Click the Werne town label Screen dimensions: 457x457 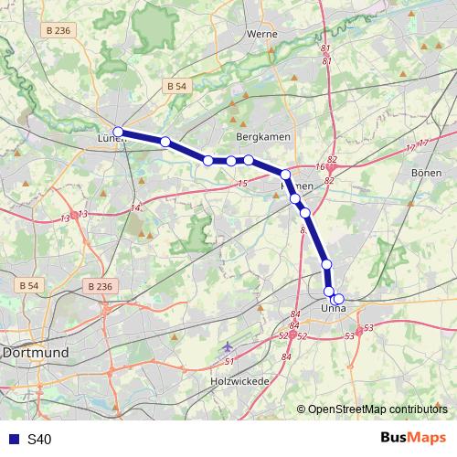point(262,34)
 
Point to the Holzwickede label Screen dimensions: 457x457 point(239,380)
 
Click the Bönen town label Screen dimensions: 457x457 point(426,172)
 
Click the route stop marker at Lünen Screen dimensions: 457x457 point(118,133)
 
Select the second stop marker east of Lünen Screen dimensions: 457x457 point(208,161)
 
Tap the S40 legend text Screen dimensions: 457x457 point(39,440)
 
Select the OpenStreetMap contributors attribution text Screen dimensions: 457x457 point(377,409)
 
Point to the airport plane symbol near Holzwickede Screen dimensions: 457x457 point(228,347)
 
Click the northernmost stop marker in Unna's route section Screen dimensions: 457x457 point(327,265)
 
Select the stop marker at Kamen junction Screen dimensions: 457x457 point(285,175)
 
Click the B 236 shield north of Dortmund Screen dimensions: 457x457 point(101,286)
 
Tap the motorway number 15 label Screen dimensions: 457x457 point(241,186)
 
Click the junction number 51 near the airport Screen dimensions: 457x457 point(229,362)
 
